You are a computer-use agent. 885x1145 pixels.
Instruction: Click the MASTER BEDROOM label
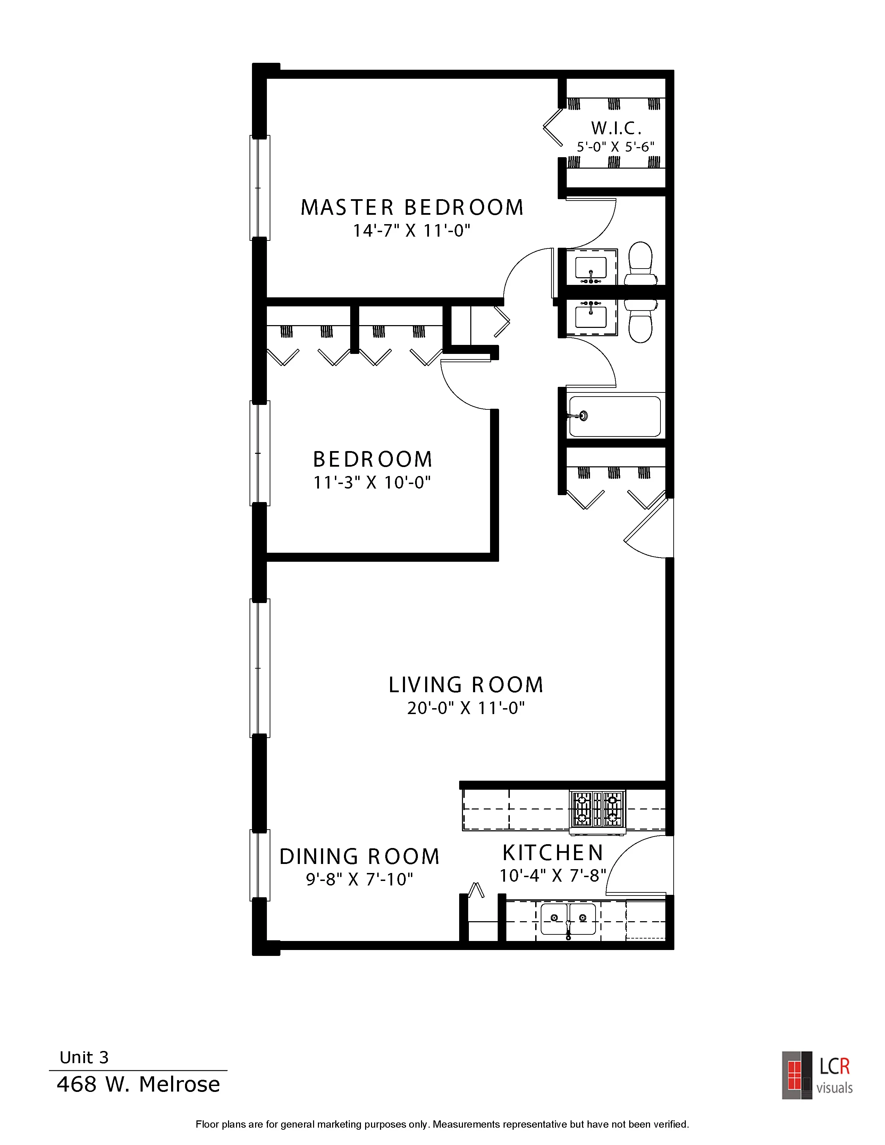tap(412, 207)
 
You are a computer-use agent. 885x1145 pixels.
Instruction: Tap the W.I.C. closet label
tap(616, 128)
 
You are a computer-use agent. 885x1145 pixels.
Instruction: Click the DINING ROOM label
tap(359, 857)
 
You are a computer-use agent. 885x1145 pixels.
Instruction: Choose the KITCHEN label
tap(553, 853)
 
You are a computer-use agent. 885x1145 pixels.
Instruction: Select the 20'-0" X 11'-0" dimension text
tap(465, 708)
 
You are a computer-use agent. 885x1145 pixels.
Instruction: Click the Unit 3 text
tap(84, 1058)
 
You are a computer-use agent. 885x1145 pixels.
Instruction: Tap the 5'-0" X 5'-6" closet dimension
tap(616, 147)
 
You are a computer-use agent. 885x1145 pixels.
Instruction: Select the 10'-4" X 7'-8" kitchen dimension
tap(553, 875)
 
